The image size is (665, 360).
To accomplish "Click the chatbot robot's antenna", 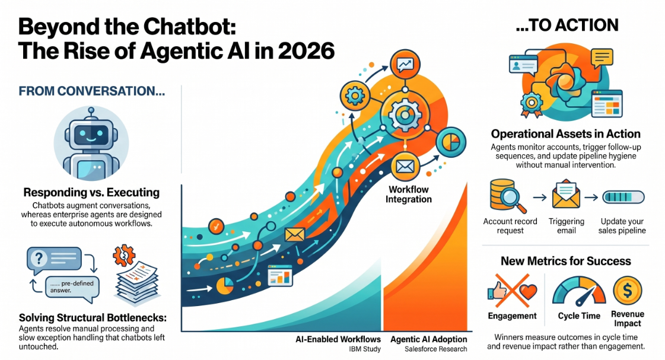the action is pos(91,113).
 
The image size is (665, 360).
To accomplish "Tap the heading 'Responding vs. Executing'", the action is pos(91,193).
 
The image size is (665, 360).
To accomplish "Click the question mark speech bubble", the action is pos(54,259).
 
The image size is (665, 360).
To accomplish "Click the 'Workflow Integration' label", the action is pos(408,195).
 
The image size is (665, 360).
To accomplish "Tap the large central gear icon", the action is pos(405,113).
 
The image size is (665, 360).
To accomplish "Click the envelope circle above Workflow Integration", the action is pos(405,167).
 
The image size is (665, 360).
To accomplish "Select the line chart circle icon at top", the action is pos(405,65).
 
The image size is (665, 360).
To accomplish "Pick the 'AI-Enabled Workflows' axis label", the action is pos(338,339).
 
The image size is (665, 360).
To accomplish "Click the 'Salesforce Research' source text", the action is pos(435,349).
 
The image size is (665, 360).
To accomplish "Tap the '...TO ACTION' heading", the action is pos(567,26).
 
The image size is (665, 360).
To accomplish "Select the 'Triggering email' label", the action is pos(566,226).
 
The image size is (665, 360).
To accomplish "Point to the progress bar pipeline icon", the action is pos(623,197).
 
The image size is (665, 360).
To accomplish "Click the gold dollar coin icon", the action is pos(627,291).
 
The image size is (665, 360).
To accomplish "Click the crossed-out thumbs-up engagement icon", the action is pos(513,291).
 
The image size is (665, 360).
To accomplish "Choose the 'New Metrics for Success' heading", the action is pos(566,261).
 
